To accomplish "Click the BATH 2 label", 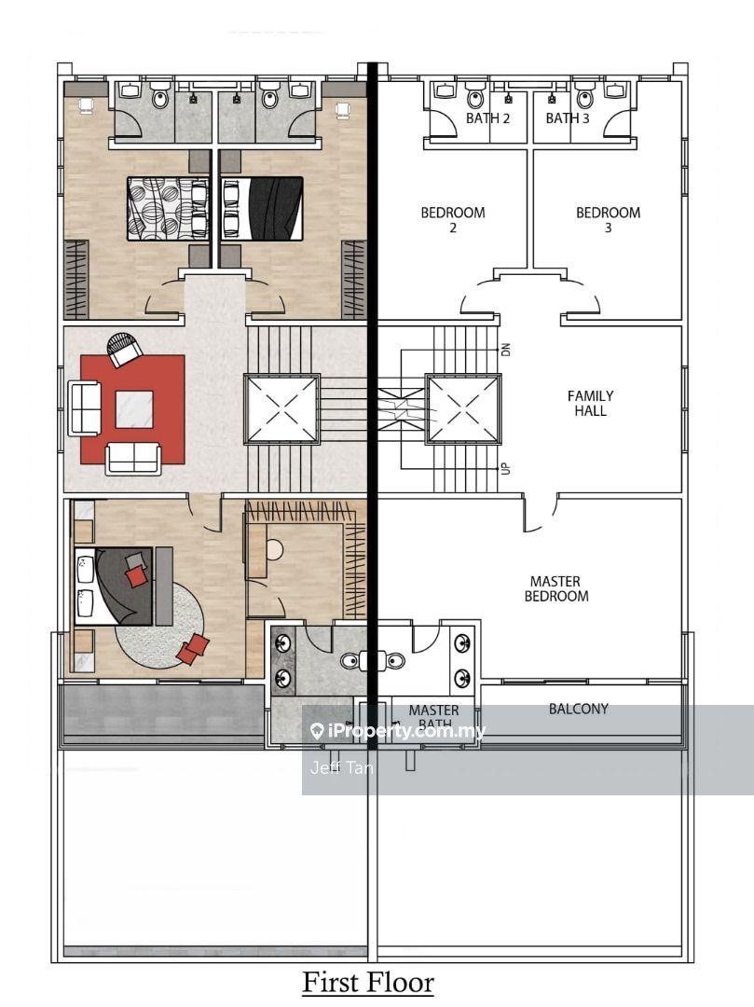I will [x=488, y=118].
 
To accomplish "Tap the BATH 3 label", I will [x=568, y=118].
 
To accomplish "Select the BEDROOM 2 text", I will [x=453, y=219].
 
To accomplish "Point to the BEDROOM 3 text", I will [x=608, y=219].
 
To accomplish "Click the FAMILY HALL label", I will [x=591, y=403].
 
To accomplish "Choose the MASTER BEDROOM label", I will [x=556, y=588].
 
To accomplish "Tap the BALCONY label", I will [x=578, y=709].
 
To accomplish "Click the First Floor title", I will [x=368, y=982].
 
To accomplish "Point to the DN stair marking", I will [x=506, y=350].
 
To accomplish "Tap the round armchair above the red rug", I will [x=124, y=350].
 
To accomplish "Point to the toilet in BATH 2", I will [x=476, y=97].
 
